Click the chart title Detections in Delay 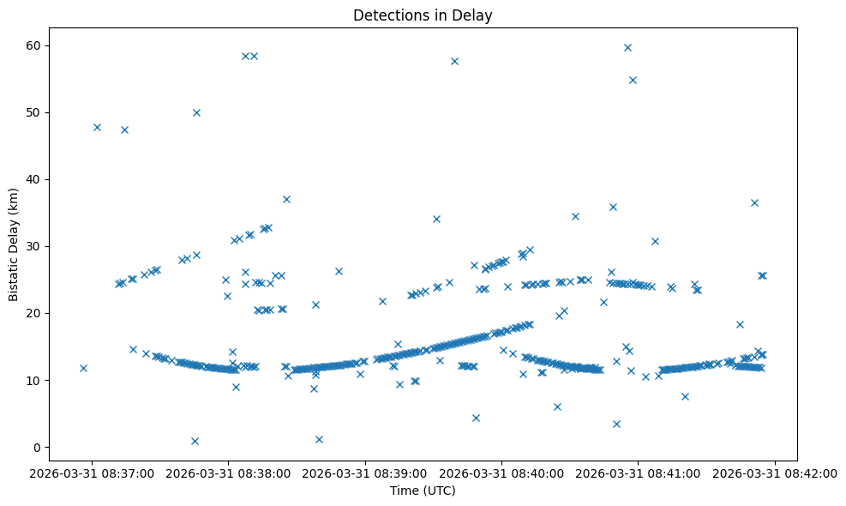423,15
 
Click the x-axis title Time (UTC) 423,491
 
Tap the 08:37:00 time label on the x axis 92,473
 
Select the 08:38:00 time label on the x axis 229,473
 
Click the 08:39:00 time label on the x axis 366,473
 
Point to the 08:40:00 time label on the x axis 502,473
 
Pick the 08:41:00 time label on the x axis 639,473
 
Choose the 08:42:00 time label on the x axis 776,473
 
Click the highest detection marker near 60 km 627,47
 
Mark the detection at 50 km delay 196,112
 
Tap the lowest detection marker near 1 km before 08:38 195,441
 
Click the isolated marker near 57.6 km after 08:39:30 454,61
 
